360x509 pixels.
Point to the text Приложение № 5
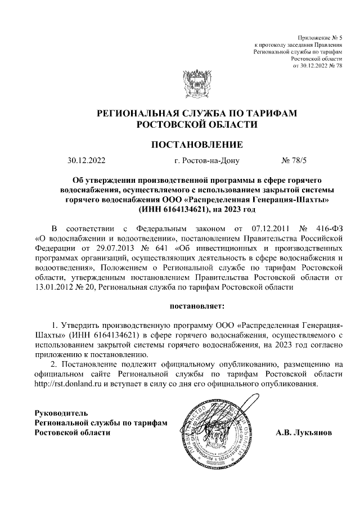tap(321, 37)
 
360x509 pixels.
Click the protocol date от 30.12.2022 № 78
tap(318, 66)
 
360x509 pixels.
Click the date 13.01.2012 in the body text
tap(54, 287)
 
